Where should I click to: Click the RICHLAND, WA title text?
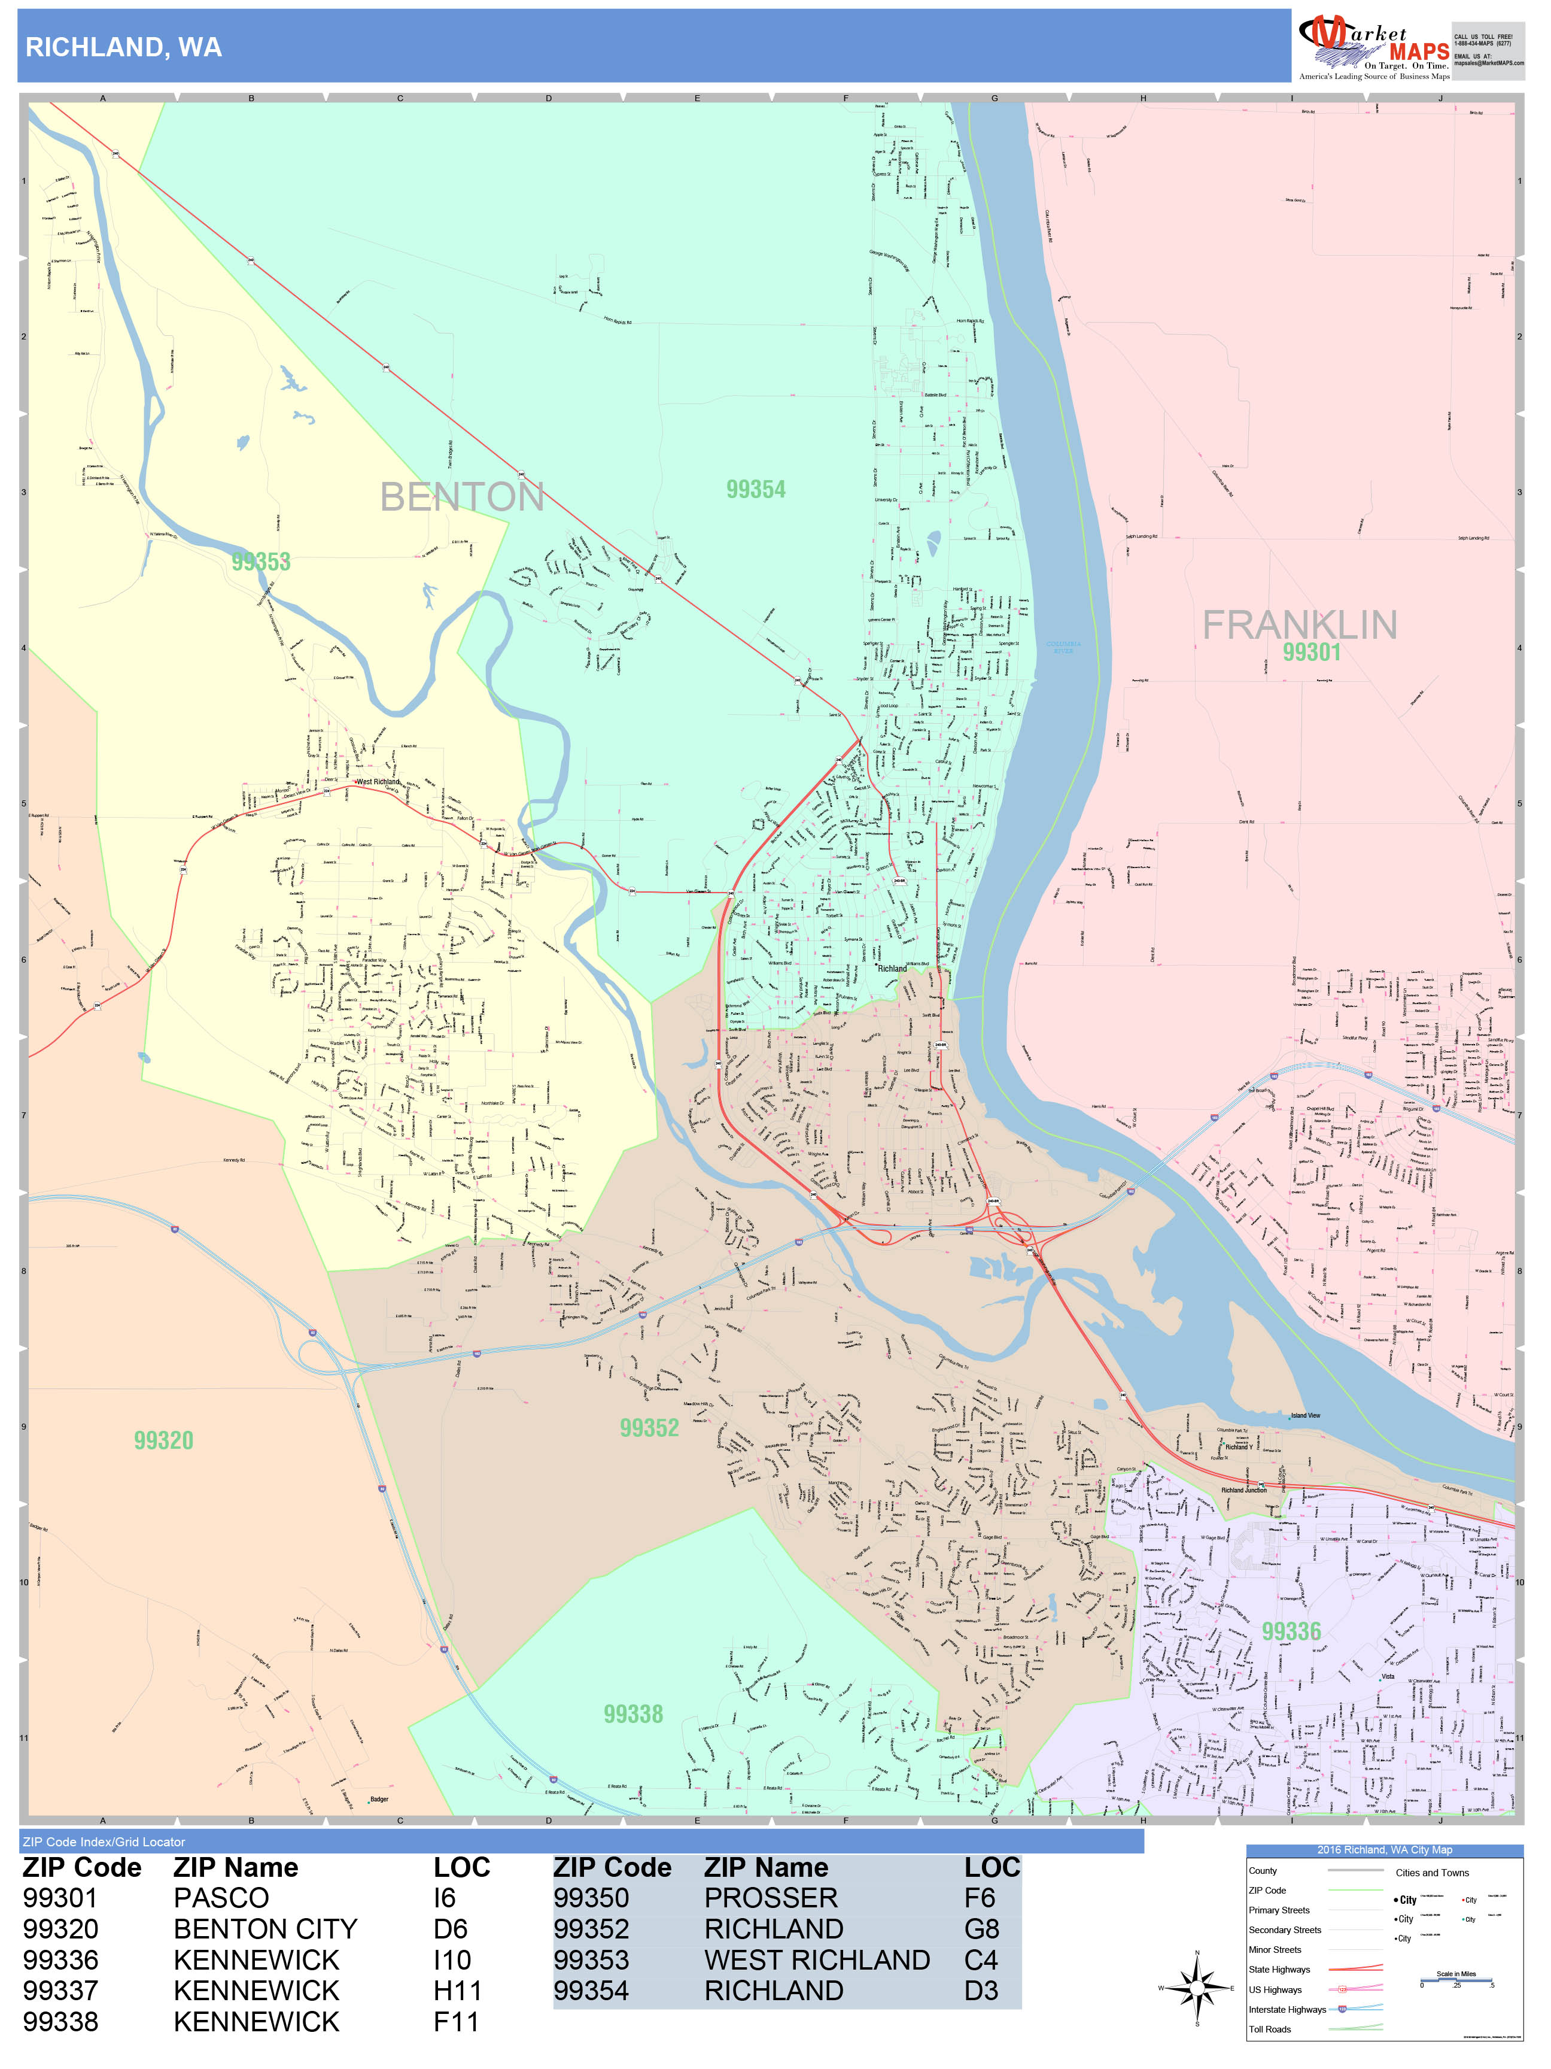point(123,48)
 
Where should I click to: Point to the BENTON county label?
point(462,497)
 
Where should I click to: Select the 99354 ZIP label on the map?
point(755,489)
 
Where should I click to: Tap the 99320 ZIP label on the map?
point(163,1440)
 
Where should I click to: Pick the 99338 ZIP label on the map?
point(633,1713)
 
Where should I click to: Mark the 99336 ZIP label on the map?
point(1291,1631)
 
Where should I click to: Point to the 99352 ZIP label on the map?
point(649,1427)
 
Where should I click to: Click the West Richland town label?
point(378,781)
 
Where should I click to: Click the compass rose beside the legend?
point(1197,1987)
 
